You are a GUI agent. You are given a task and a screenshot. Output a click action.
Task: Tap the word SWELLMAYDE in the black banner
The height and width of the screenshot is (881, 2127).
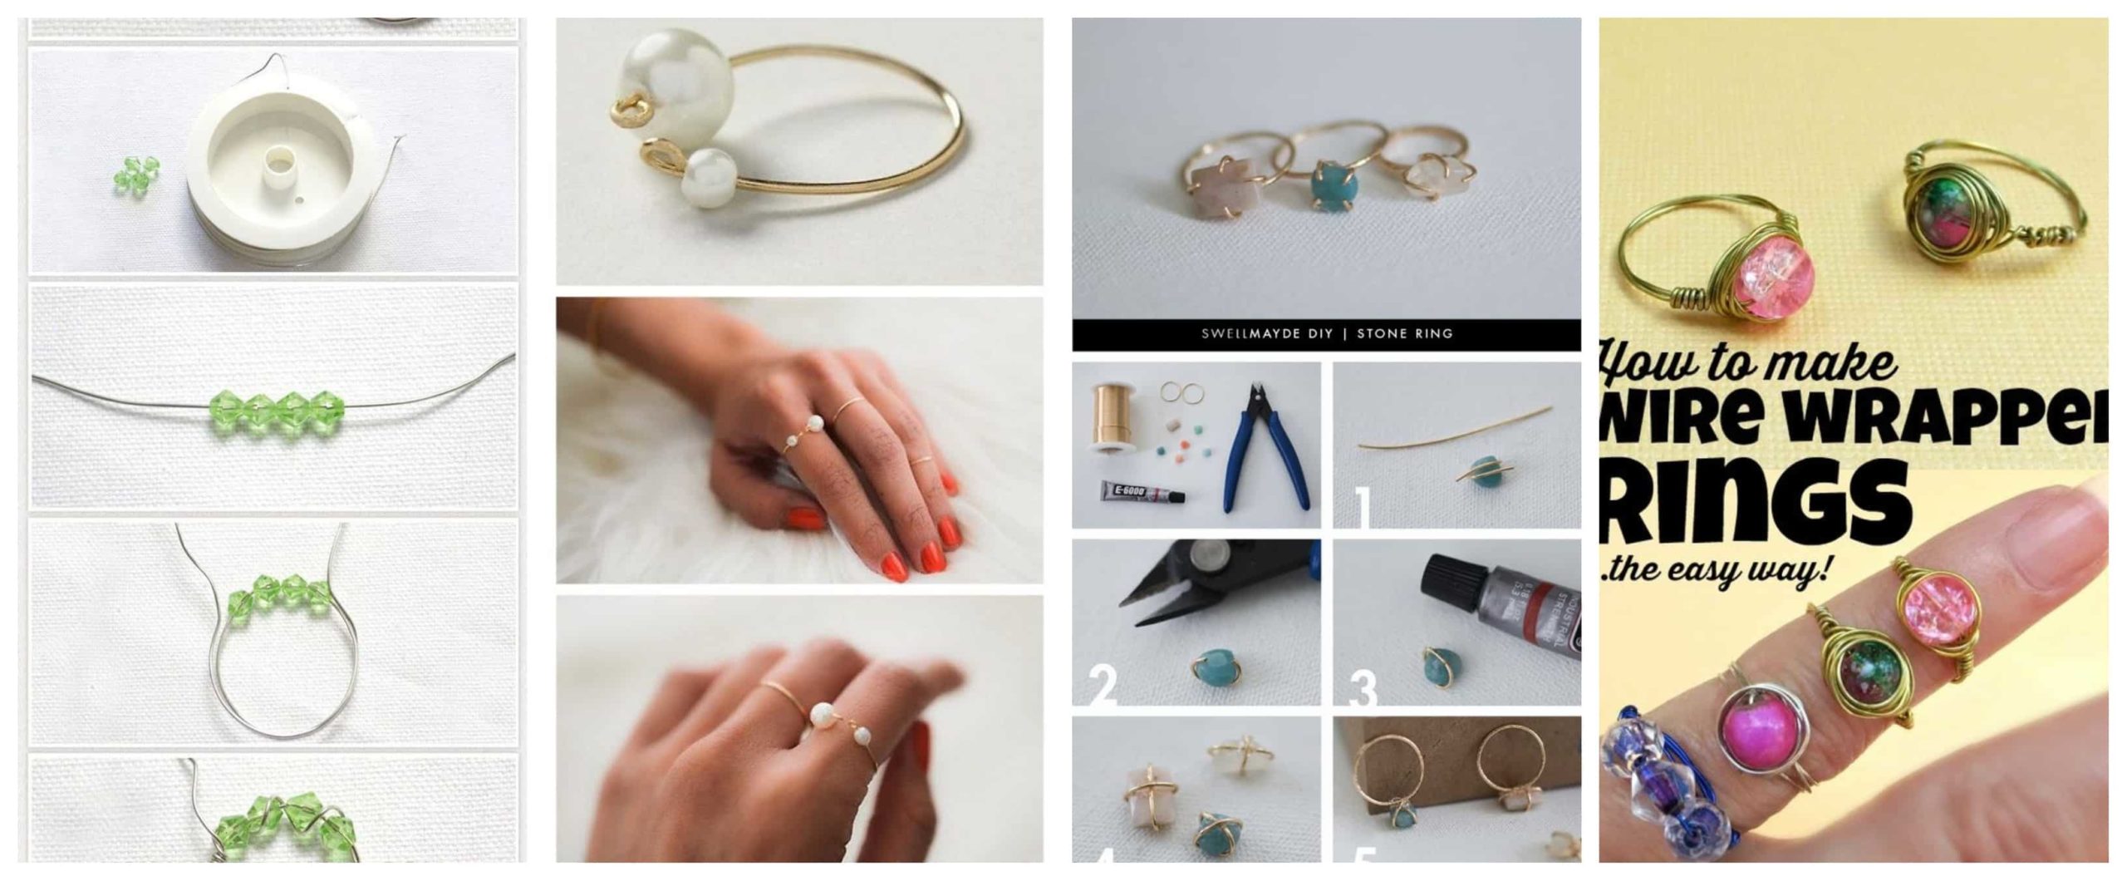click(x=1266, y=334)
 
